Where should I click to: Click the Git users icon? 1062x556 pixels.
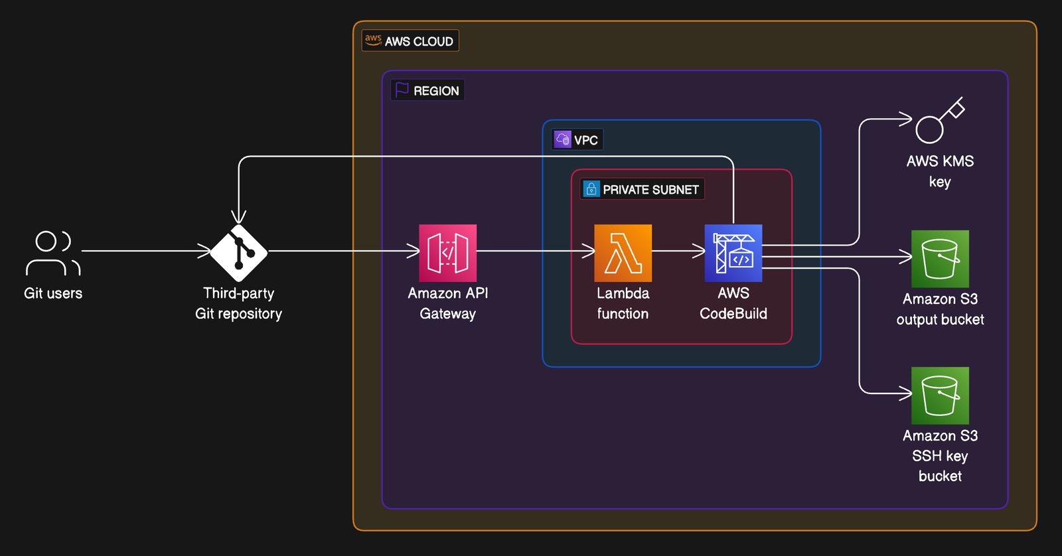(x=53, y=253)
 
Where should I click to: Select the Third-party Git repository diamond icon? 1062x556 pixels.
(x=239, y=253)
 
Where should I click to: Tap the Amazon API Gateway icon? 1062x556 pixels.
(x=447, y=253)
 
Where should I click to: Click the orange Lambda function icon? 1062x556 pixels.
(x=623, y=253)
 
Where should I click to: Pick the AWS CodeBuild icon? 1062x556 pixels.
(x=733, y=253)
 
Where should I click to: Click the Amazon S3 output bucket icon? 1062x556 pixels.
(x=940, y=259)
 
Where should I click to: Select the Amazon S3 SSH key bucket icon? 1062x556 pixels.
(x=940, y=395)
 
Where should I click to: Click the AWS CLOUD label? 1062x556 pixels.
(x=410, y=41)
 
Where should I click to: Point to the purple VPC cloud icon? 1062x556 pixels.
(x=563, y=139)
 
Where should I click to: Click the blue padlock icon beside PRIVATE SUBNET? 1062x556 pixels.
(x=591, y=189)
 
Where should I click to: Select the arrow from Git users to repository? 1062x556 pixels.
(x=146, y=251)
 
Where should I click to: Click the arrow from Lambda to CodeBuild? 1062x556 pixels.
(x=678, y=251)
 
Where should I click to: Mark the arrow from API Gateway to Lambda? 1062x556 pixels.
(x=536, y=251)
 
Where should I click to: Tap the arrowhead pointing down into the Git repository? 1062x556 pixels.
(x=238, y=217)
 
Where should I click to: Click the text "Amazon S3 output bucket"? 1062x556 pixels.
(x=940, y=309)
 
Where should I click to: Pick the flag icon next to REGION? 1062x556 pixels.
(x=402, y=90)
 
